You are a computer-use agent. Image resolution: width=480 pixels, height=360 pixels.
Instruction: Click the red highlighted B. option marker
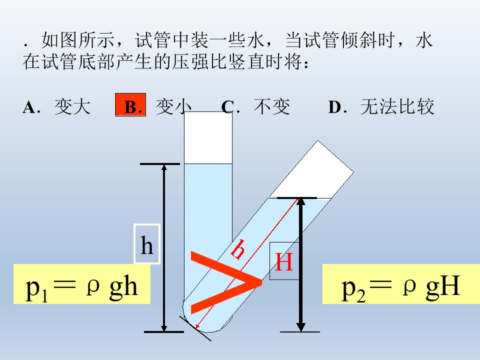tap(130, 105)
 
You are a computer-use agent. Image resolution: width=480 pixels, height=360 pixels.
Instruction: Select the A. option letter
tap(31, 107)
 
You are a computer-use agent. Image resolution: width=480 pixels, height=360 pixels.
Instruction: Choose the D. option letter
tap(337, 107)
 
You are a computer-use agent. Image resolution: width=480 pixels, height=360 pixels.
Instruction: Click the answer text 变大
tap(72, 107)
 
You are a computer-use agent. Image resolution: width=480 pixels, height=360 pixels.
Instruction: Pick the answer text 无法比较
tap(397, 107)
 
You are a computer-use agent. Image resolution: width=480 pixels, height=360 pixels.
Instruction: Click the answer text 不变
tap(272, 107)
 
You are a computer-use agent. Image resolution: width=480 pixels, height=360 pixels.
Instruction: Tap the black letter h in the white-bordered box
tap(147, 245)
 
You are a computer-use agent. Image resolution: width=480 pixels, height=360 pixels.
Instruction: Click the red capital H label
tap(284, 261)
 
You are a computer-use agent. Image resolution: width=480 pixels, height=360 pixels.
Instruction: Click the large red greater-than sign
tap(226, 282)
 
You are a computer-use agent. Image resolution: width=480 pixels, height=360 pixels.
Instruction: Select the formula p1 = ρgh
tap(81, 287)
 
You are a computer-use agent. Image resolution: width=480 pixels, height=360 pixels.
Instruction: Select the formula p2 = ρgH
tap(401, 287)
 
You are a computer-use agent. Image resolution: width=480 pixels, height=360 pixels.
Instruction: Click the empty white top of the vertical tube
tap(208, 138)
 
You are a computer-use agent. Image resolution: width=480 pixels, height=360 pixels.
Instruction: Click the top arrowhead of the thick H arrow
tap(300, 201)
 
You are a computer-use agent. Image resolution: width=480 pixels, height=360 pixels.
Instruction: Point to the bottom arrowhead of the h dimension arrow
tap(164, 327)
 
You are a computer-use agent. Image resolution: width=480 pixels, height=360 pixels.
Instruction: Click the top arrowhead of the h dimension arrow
tap(164, 168)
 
